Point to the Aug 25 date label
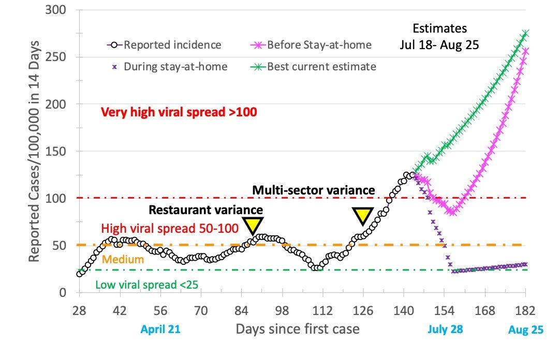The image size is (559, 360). pyautogui.click(x=526, y=330)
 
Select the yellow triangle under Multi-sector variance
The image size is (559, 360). pyautogui.click(x=362, y=216)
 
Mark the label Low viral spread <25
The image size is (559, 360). pyautogui.click(x=147, y=283)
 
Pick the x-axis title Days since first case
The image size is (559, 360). pyautogui.click(x=297, y=329)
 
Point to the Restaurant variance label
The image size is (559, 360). pyautogui.click(x=206, y=209)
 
